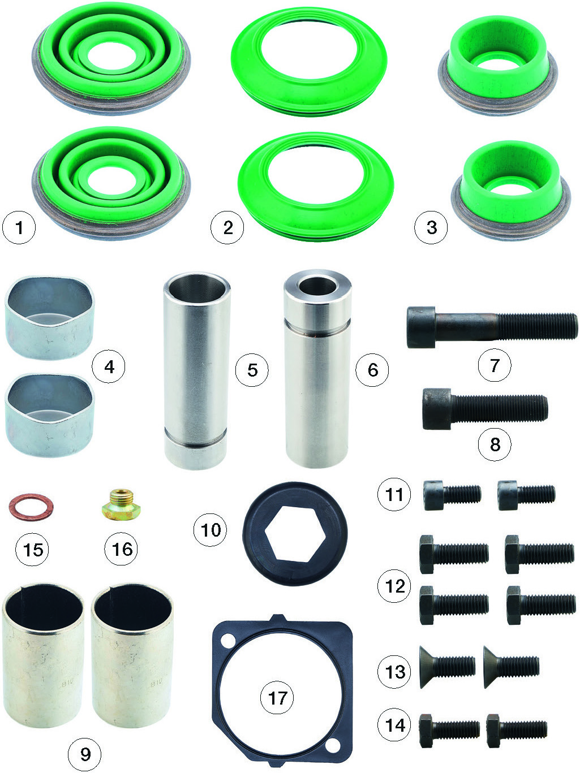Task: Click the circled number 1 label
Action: pyautogui.click(x=19, y=227)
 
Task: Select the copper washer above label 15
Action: pyautogui.click(x=31, y=507)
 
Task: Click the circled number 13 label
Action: pyautogui.click(x=394, y=672)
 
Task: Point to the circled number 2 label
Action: pyautogui.click(x=227, y=227)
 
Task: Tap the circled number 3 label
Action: pyautogui.click(x=431, y=227)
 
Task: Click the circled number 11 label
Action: pyautogui.click(x=394, y=494)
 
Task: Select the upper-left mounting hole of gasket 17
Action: pyautogui.click(x=227, y=640)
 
